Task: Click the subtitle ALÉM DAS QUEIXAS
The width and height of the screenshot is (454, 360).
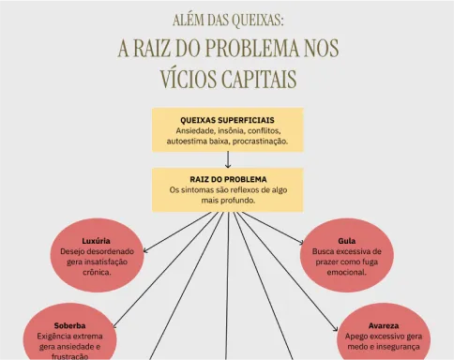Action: point(228,21)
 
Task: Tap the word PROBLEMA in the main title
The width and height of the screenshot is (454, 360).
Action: point(252,49)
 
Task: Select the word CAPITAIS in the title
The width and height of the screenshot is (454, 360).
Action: point(259,79)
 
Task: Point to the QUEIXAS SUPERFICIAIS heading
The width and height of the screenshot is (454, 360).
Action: point(227,120)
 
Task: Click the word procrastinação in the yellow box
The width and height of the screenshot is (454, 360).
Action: point(260,142)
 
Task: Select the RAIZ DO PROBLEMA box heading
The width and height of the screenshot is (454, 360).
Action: point(228,179)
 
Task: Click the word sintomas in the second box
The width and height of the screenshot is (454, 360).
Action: point(197,190)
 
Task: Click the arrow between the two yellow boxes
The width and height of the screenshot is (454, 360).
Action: point(228,159)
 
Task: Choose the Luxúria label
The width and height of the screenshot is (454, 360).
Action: point(96,241)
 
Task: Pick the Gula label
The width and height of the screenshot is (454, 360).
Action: point(347,241)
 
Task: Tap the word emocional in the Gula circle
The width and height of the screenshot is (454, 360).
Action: point(346,272)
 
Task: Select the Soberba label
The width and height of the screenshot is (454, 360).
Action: point(69,325)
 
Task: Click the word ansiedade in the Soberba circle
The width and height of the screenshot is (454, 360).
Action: point(74,347)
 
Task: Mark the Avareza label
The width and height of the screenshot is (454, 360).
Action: point(384,325)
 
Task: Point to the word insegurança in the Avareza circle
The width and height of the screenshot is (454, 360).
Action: point(398,347)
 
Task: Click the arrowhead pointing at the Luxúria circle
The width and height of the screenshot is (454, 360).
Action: point(144,250)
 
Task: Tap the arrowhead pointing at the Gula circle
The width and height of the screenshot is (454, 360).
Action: point(302,242)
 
